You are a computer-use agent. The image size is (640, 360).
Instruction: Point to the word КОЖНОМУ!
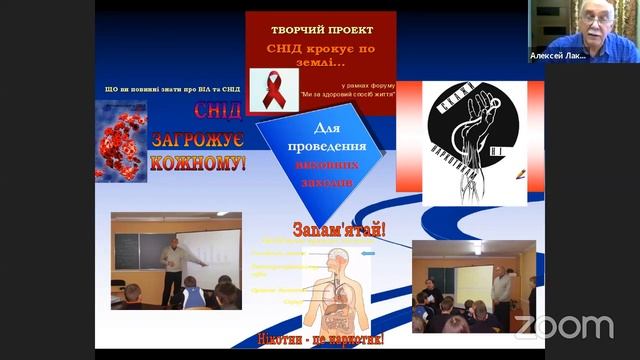click(x=197, y=161)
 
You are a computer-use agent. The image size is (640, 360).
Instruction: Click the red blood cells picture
click(x=121, y=140)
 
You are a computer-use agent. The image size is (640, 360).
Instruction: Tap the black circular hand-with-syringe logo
click(x=470, y=136)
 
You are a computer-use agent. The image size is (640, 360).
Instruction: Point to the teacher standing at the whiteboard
click(x=173, y=267)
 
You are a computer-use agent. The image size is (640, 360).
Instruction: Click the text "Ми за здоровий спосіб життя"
click(x=346, y=94)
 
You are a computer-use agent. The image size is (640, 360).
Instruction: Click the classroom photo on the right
click(x=473, y=285)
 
